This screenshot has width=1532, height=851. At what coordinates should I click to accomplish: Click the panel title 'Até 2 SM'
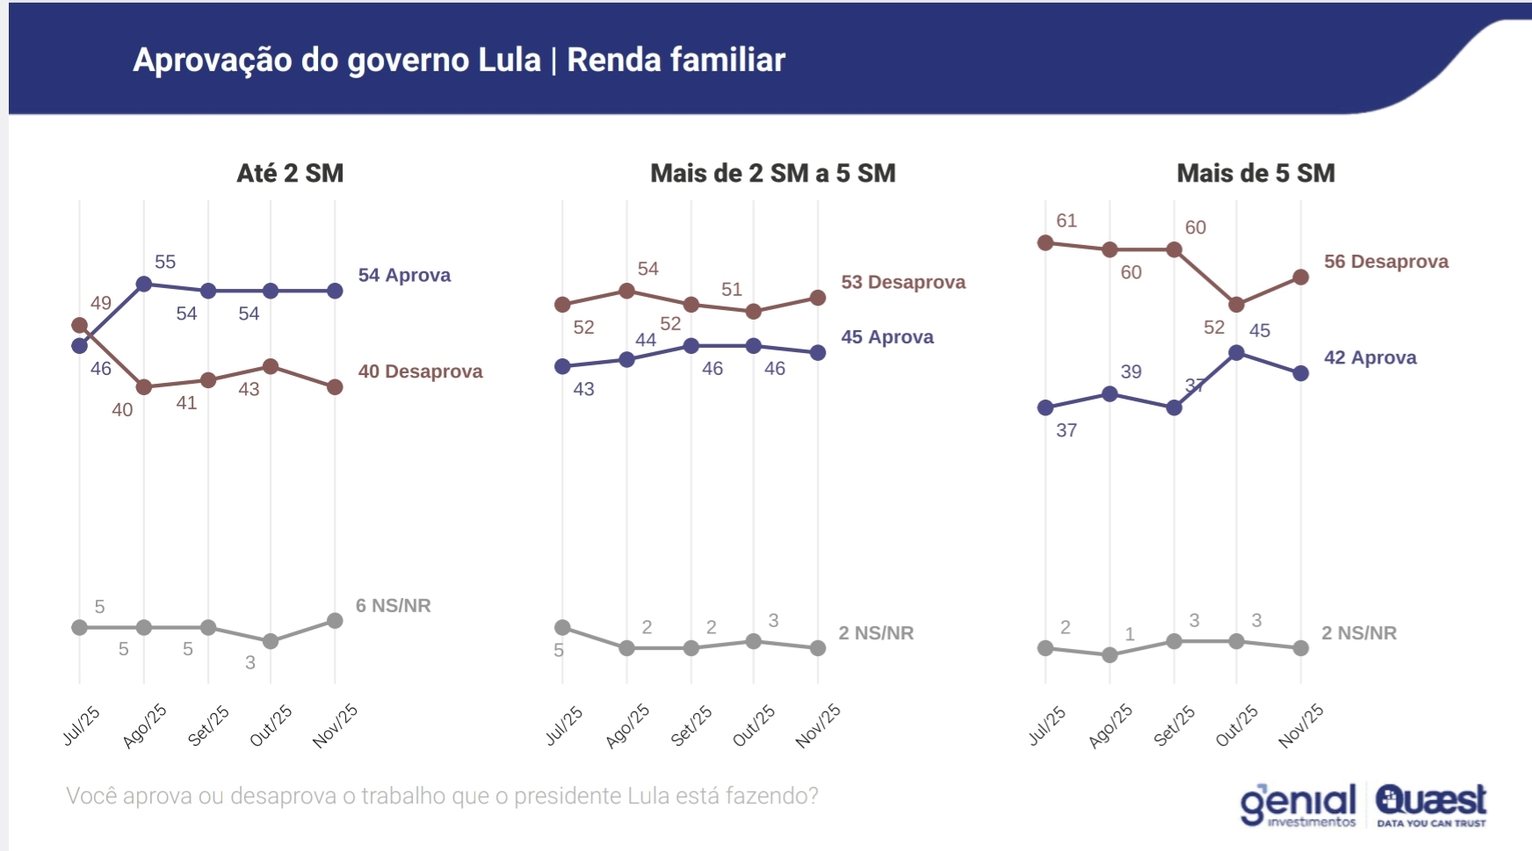tap(290, 173)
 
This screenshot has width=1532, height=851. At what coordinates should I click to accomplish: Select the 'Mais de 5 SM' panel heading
tap(1255, 173)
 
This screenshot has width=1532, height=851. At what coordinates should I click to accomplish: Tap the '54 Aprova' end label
tap(404, 275)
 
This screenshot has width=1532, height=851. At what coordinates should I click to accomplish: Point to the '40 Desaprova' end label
tap(420, 371)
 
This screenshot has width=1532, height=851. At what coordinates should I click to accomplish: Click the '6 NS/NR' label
tap(393, 606)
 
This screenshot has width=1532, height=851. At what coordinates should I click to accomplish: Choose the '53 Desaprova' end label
tap(903, 282)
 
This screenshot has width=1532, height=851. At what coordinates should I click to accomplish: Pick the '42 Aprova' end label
tap(1369, 357)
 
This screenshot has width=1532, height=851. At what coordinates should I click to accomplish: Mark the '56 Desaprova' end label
tap(1385, 262)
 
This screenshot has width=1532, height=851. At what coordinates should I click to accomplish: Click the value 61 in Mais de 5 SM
tap(1066, 220)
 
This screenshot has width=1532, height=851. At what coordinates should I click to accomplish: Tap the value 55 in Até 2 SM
tap(165, 262)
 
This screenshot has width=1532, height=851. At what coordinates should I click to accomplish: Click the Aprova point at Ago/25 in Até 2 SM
tap(145, 284)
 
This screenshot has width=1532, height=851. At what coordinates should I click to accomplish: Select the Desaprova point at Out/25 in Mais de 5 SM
tap(1236, 305)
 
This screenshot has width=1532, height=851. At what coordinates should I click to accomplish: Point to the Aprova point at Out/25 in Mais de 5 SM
tap(1236, 353)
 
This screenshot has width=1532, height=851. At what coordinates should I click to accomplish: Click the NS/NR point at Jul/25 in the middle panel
tap(563, 628)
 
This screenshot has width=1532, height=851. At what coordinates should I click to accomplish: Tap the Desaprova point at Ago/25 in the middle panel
tap(627, 291)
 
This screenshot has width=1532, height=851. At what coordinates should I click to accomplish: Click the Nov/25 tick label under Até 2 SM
tap(336, 725)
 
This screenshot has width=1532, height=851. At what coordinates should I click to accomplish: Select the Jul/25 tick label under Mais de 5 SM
tap(1047, 725)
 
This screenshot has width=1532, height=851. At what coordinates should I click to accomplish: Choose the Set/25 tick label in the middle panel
tap(691, 725)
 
